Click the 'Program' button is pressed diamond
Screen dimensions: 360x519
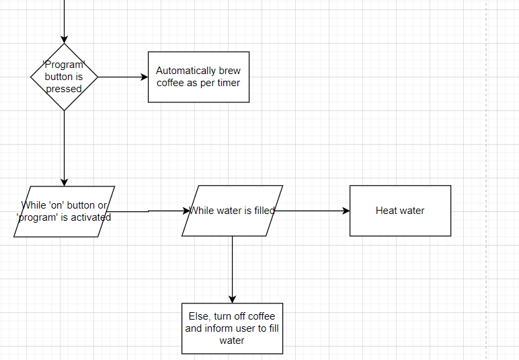64,77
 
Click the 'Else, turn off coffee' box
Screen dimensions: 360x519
232,328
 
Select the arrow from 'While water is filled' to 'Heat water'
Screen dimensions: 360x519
313,211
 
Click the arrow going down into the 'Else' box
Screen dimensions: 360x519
232,269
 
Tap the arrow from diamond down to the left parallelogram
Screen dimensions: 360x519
64,148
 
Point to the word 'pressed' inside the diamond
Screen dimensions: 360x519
64,89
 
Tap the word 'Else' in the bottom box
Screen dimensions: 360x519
199,316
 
